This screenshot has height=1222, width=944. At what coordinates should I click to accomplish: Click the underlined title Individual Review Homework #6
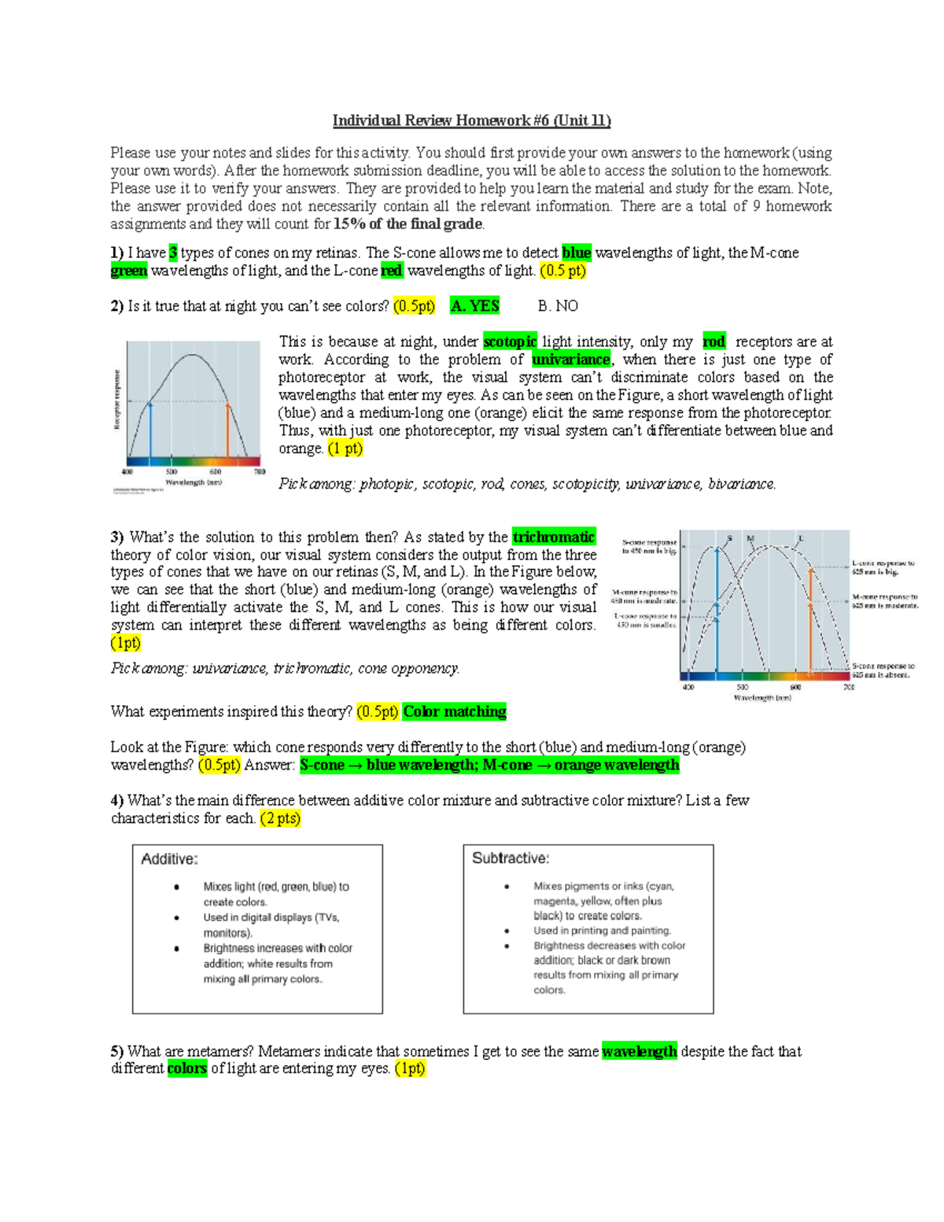(x=471, y=120)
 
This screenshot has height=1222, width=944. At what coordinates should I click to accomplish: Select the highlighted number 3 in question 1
(x=173, y=253)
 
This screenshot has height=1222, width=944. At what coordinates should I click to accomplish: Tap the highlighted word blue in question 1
(x=576, y=253)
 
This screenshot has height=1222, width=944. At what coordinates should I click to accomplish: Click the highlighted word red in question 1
(x=391, y=271)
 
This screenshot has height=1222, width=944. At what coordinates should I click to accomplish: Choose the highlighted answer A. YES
(x=474, y=306)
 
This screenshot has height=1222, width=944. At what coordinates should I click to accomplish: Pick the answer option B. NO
(x=558, y=306)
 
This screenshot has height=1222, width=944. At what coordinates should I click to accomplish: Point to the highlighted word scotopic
(x=510, y=341)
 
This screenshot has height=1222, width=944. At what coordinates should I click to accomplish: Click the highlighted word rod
(x=714, y=341)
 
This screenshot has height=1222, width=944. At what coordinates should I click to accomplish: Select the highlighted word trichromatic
(x=553, y=537)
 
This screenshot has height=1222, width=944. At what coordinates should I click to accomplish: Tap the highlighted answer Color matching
(x=454, y=711)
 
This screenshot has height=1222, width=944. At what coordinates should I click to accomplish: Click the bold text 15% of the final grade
(x=408, y=224)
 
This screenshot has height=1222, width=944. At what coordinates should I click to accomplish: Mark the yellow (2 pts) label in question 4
(x=280, y=818)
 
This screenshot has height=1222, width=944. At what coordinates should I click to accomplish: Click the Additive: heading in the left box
(x=169, y=859)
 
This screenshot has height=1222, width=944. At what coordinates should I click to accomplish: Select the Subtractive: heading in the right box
(x=511, y=858)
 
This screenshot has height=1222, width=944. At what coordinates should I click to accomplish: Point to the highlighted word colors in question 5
(x=187, y=1069)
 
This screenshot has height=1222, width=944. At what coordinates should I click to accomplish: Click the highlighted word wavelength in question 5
(x=639, y=1051)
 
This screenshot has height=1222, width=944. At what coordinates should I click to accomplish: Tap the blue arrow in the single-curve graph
(x=150, y=429)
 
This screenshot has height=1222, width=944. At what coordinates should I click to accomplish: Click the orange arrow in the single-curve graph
(x=227, y=429)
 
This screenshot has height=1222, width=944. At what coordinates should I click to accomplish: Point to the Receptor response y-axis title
(x=117, y=400)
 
